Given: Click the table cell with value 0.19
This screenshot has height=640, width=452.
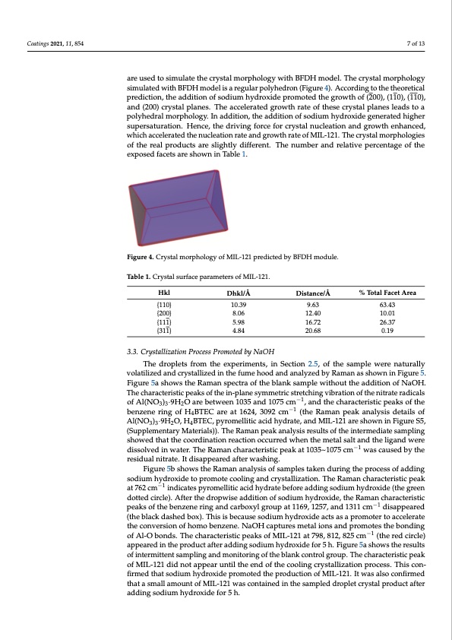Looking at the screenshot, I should click(x=392, y=331).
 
